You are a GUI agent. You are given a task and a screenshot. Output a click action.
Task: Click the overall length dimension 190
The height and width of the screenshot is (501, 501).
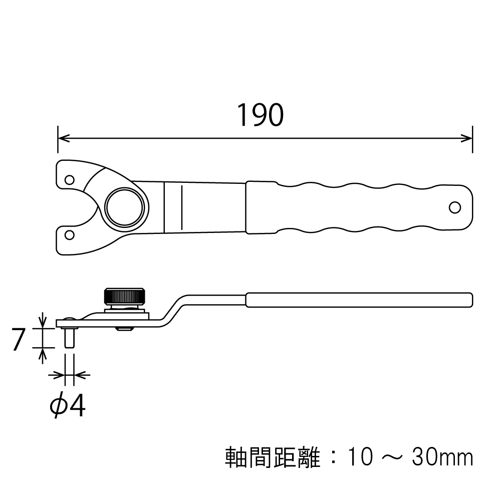260,115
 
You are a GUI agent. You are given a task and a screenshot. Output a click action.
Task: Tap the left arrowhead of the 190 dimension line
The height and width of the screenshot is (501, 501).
62,137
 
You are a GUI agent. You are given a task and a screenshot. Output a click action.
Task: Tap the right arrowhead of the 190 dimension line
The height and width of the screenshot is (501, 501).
468,137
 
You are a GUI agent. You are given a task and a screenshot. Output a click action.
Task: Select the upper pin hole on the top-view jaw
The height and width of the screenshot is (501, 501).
70,179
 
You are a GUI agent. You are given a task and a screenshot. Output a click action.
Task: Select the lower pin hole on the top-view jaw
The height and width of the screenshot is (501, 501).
70,234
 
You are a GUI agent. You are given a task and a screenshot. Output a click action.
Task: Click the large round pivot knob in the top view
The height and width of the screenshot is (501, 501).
127,207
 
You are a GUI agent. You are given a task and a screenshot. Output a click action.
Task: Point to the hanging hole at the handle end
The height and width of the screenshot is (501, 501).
455,206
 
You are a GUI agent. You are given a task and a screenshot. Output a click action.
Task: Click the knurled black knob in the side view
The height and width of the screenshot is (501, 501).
124,296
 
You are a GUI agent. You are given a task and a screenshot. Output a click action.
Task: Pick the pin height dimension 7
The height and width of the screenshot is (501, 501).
19,340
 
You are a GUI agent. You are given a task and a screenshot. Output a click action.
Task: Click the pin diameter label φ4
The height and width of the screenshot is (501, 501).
68,407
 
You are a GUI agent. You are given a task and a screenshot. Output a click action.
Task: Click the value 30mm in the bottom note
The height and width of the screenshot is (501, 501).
442,457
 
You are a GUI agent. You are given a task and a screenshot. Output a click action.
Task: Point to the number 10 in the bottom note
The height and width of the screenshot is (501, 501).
359,457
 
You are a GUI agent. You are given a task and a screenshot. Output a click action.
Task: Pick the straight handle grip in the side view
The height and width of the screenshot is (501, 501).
359,300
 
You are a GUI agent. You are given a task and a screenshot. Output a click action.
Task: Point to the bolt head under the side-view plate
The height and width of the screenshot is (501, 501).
124,329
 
